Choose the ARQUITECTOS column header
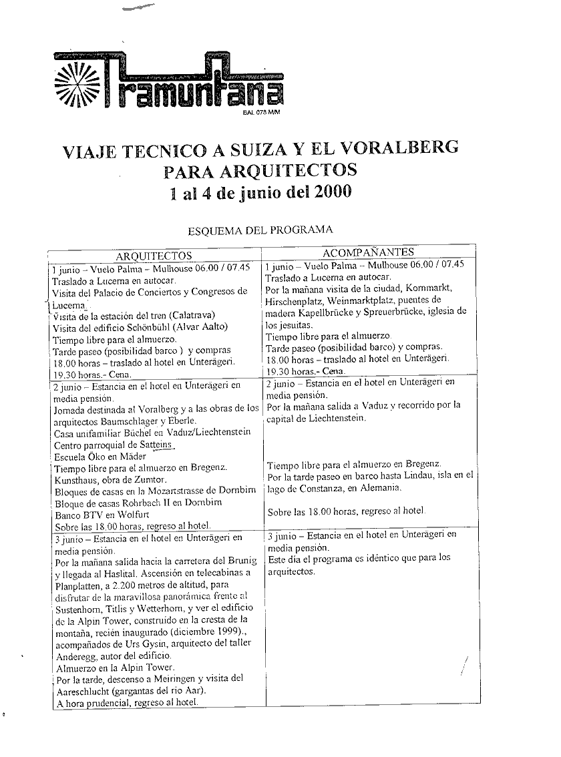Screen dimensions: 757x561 154,255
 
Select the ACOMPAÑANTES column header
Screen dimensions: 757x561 368,252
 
